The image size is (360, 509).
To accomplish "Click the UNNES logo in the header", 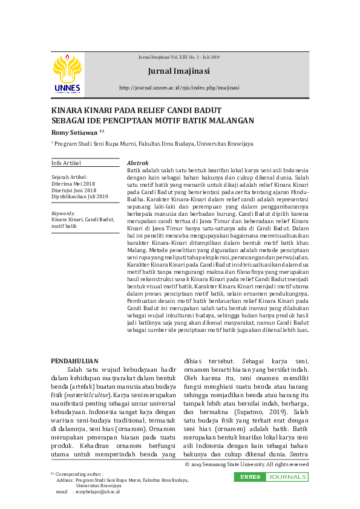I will (67, 74).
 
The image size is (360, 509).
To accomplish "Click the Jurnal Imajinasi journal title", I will (178, 71).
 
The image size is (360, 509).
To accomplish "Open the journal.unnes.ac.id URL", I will (179, 87).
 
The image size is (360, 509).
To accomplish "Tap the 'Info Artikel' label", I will (66, 163).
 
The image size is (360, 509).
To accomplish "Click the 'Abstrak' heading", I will (137, 163).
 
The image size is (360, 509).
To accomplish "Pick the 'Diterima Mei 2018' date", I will (73, 183).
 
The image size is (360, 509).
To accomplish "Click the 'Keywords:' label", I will (63, 213).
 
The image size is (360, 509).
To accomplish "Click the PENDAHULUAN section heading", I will (74, 361).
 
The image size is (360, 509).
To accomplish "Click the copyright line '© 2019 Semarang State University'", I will (246, 464).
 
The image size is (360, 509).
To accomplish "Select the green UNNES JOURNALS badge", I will (271, 477).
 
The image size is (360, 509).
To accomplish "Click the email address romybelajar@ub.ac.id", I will (96, 492).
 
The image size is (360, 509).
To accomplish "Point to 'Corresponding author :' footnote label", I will (79, 475).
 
